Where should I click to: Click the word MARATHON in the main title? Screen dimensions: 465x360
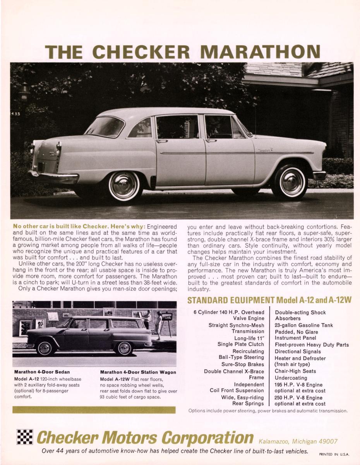[262, 52]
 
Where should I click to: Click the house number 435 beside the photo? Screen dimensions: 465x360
[15, 114]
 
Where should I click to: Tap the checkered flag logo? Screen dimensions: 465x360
[24, 437]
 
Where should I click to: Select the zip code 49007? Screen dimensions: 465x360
[326, 441]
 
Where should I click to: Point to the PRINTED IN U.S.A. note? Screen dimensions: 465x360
[334, 454]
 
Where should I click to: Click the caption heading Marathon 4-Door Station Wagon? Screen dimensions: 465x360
[138, 372]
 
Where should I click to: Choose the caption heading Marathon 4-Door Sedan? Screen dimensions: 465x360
[42, 372]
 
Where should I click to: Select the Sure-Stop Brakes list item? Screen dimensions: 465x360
[243, 364]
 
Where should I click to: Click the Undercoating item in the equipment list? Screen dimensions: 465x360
[291, 378]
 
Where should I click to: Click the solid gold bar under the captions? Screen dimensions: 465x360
[94, 410]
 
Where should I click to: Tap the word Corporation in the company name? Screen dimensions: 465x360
[207, 437]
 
